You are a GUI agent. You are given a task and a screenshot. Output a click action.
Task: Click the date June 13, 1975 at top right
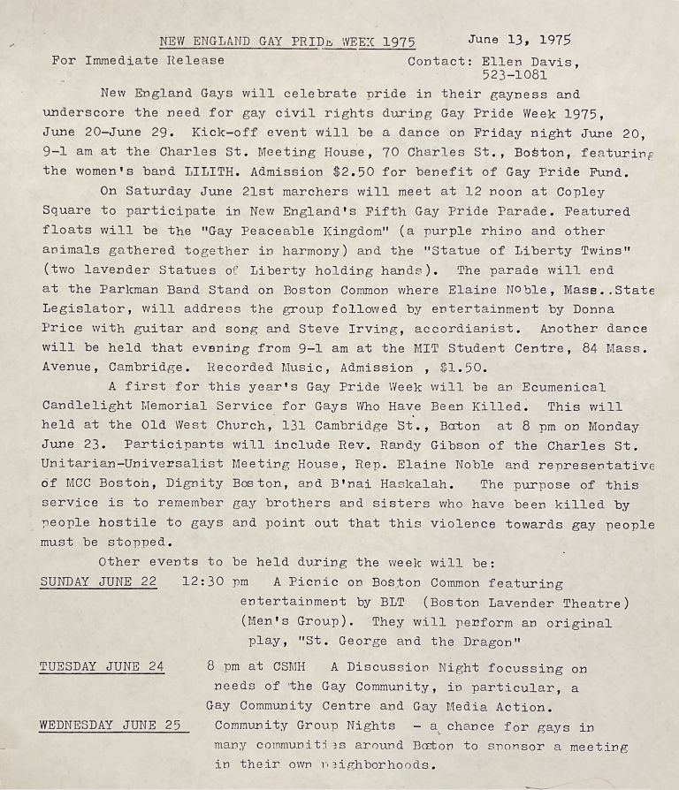point(520,40)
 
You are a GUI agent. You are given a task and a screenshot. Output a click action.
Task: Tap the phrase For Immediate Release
point(138,61)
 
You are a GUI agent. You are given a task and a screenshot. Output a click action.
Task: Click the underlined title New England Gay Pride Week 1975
point(286,42)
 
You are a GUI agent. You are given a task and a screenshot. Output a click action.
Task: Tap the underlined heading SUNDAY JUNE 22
point(98,583)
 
